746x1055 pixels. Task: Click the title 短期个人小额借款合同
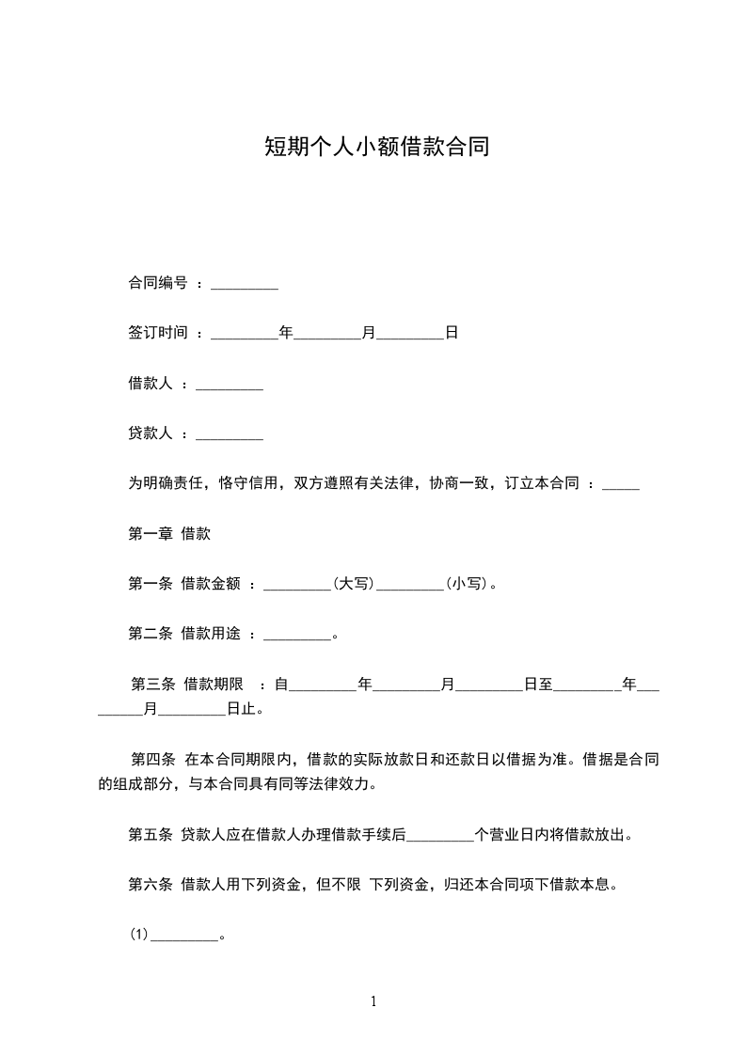[375, 148]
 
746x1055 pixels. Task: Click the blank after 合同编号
[245, 284]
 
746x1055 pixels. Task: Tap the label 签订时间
[158, 333]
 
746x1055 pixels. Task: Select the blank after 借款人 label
[230, 384]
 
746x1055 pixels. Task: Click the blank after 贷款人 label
[230, 433]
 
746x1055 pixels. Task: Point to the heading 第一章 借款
[169, 533]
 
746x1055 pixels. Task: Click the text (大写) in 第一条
[354, 584]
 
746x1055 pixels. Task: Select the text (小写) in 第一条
[467, 584]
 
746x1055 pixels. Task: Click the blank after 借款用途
[297, 634]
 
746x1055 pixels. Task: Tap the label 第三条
[151, 684]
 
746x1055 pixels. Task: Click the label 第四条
[151, 758]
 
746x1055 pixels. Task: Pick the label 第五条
[150, 833]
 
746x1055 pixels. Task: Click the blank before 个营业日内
[440, 833]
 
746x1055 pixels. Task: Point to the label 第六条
[150, 884]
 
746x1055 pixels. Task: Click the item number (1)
[139, 935]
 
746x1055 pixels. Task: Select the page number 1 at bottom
[373, 1001]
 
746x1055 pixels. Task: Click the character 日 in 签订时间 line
[451, 333]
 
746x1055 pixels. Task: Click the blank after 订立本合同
[620, 484]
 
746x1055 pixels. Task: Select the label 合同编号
[158, 283]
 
